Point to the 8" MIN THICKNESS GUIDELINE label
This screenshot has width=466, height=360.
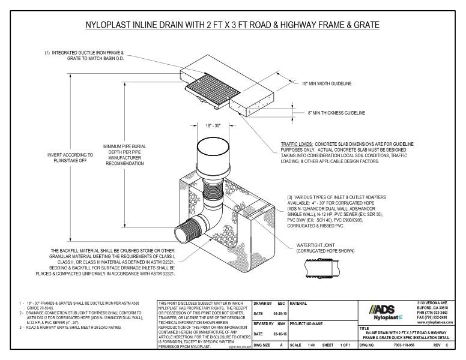[336, 113]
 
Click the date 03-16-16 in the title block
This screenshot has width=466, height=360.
[278, 334]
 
